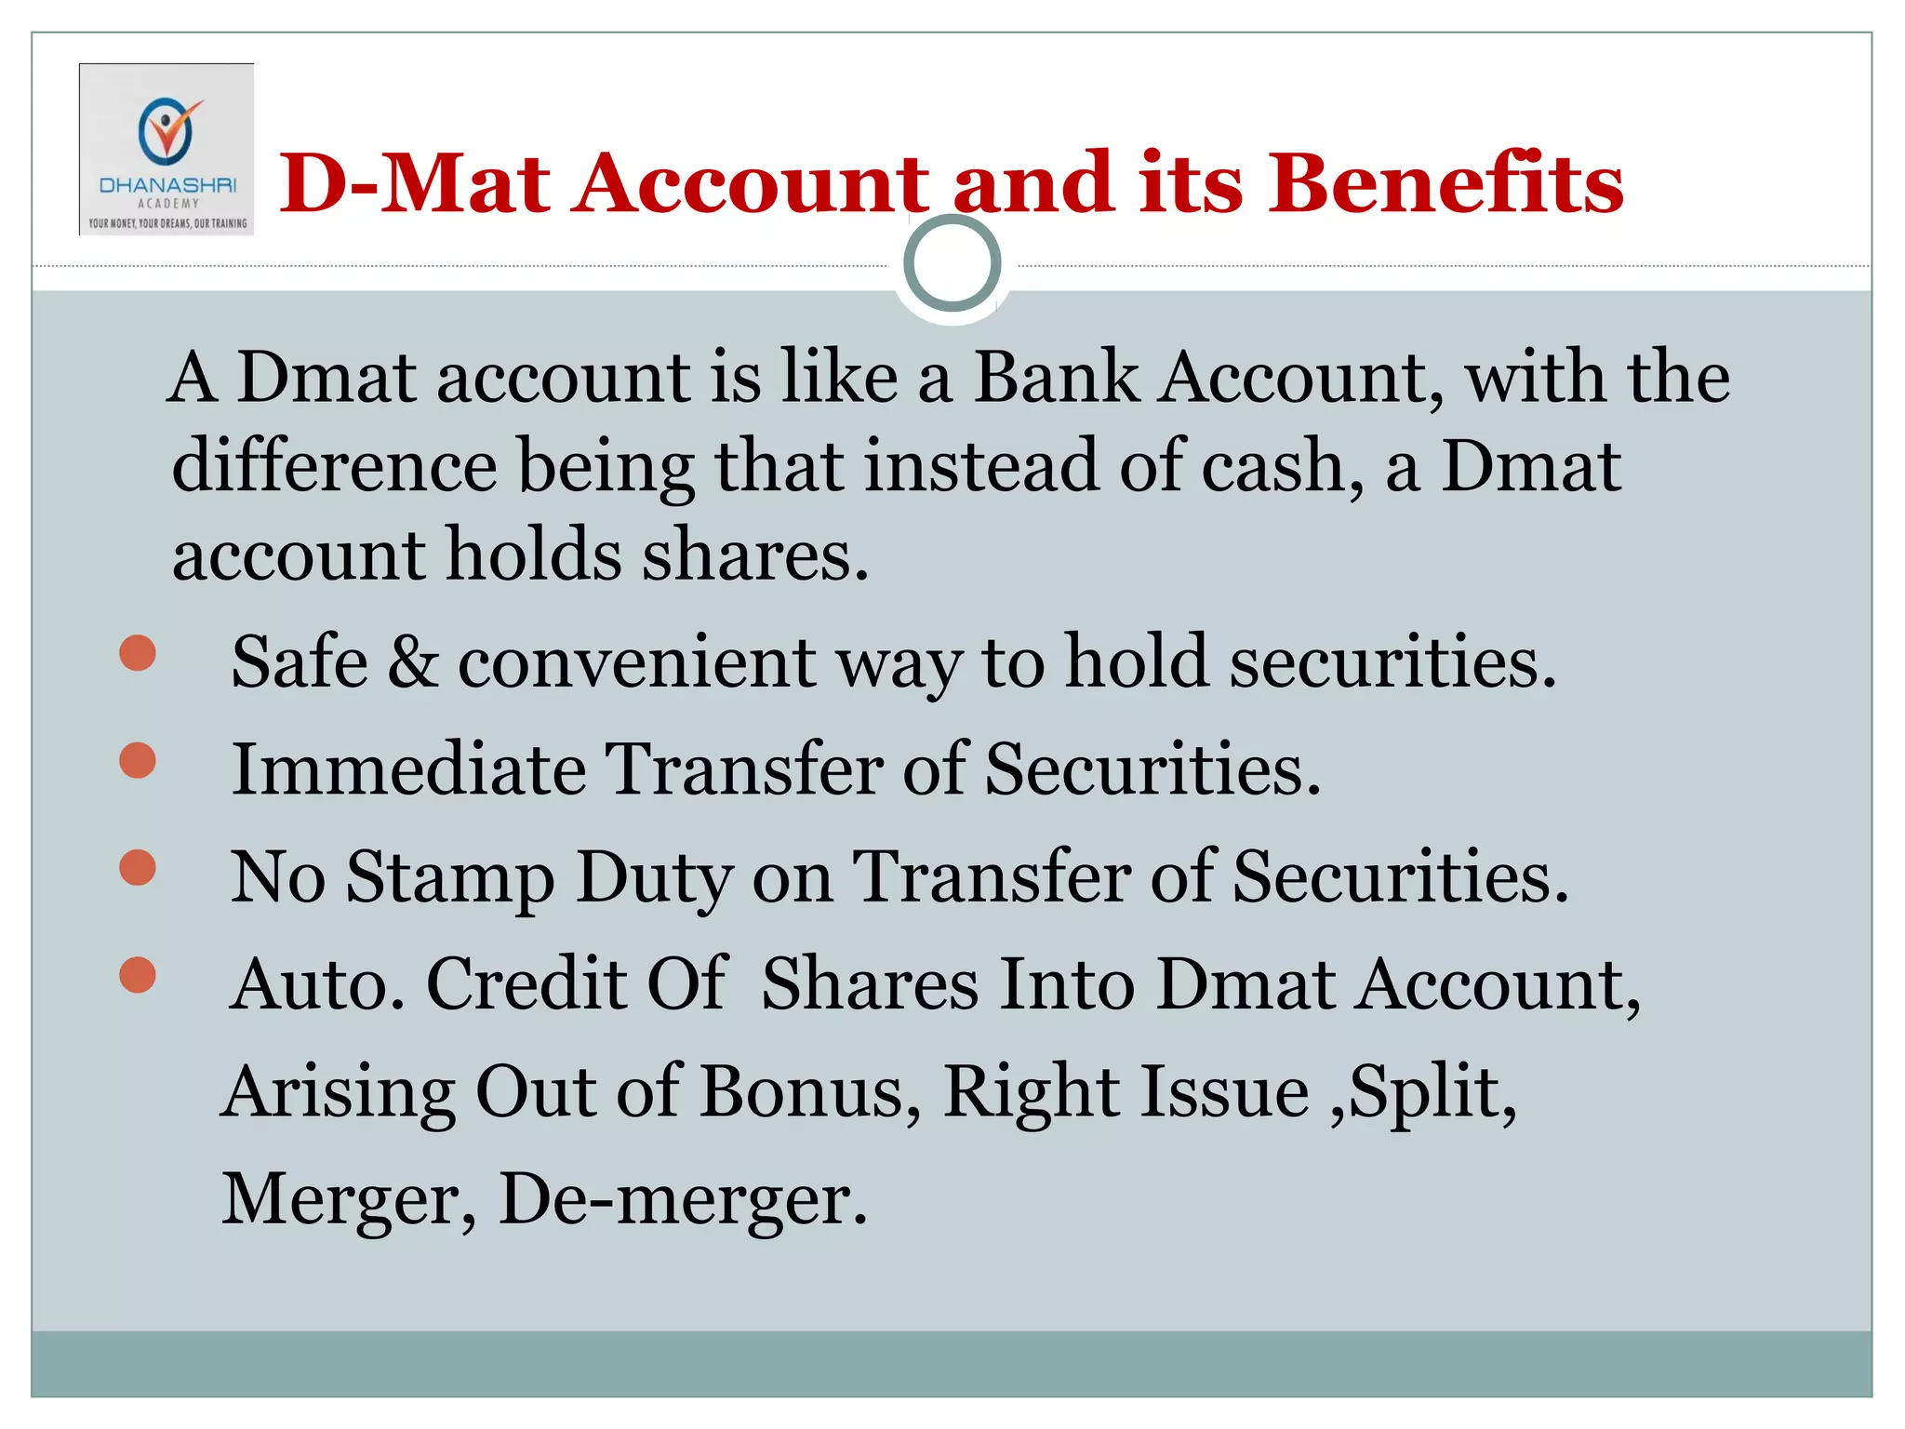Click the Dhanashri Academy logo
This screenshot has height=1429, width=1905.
point(167,150)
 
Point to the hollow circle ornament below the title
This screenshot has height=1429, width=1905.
point(952,263)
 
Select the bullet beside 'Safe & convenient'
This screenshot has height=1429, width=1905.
point(138,653)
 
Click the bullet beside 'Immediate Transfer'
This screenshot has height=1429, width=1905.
point(138,760)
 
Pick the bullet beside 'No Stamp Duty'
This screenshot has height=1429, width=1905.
point(138,868)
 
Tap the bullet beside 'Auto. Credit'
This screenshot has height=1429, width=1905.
point(138,975)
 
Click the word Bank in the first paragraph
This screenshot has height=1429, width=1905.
point(1057,378)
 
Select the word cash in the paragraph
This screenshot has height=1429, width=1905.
point(1282,466)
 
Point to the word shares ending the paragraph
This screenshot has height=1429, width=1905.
point(755,555)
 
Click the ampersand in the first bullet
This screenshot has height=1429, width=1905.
point(412,661)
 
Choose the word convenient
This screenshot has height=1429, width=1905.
point(637,662)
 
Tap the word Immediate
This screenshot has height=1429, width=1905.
point(408,769)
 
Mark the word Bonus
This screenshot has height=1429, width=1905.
point(810,1091)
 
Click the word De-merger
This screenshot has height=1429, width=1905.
point(684,1199)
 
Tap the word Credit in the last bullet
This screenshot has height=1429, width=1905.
point(526,984)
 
